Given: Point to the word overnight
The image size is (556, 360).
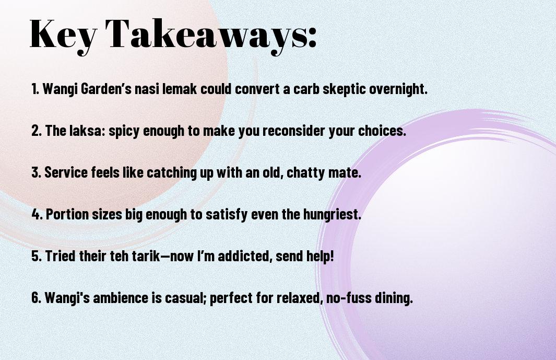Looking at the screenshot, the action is pos(398,89).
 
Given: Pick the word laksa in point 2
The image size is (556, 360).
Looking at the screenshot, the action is pos(87,131).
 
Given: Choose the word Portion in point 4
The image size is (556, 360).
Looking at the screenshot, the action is pos(67,214).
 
